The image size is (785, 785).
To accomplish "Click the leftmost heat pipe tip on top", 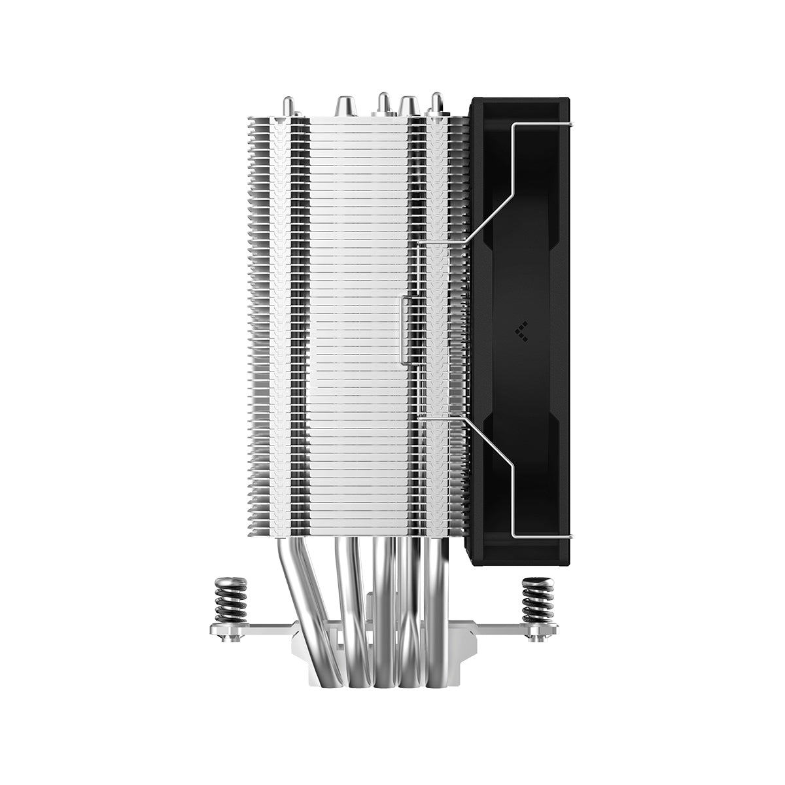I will click(x=288, y=104).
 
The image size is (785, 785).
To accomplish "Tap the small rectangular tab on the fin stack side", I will click(x=405, y=327).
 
